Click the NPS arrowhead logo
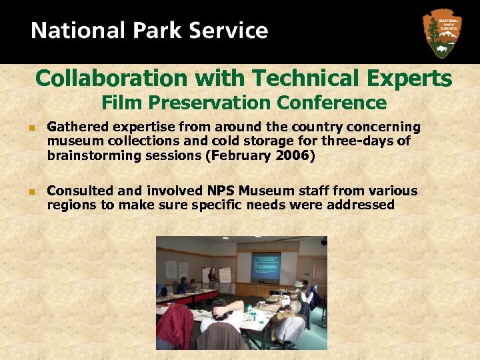click(442, 33)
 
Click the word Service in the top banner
click(230, 31)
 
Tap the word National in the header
click(74, 31)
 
